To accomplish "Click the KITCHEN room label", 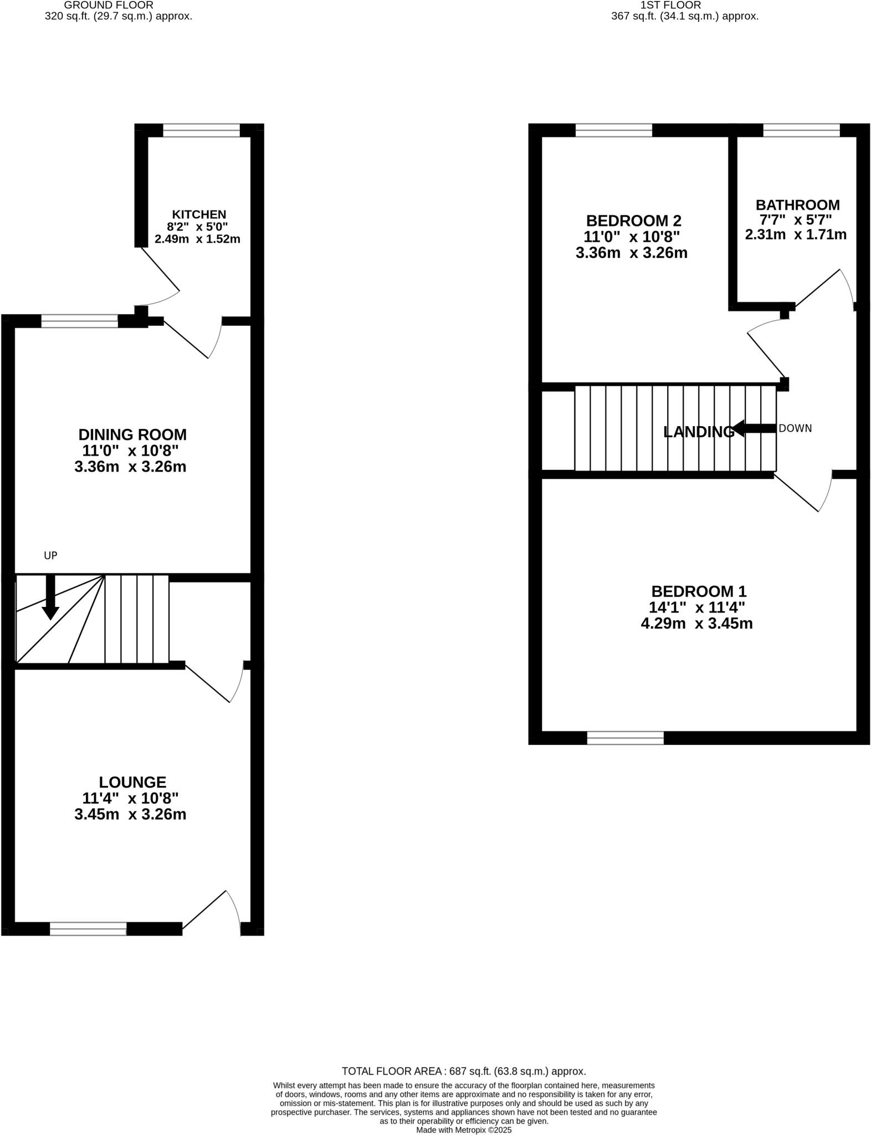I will pos(199,214).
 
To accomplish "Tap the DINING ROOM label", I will pos(132,434).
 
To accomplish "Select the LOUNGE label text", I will pos(132,782).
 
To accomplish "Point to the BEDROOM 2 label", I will pos(633,221).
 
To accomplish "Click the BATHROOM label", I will pos(797,204).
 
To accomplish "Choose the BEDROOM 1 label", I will pos(699,591).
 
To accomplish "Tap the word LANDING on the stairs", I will pos(698,432).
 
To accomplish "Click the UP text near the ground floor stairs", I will pos(50,555).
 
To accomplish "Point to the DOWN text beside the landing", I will pos(795,428).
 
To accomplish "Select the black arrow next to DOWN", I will pos(754,428).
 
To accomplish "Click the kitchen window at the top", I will pos(201,131).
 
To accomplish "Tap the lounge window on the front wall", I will pos(88,929).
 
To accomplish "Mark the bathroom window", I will pos(801,131).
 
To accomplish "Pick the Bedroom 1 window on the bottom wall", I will pos(625,738).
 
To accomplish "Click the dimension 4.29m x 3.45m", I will pos(696,623).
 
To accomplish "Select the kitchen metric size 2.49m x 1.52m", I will pos(197,239).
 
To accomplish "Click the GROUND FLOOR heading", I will pos(109,5).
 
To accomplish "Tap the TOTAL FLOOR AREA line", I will pos(464,1071).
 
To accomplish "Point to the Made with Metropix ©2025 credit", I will pos(464,1129).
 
